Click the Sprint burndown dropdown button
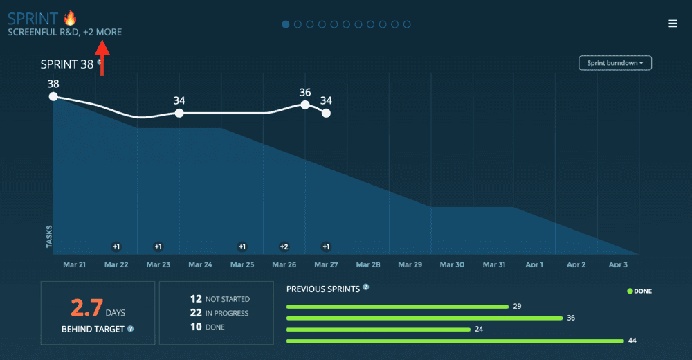tap(615, 63)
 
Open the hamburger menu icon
tap(673, 24)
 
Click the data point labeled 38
tap(53, 97)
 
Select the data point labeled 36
tap(305, 105)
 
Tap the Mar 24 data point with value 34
tap(179, 113)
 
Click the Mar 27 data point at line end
tap(326, 113)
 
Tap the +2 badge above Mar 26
tap(284, 246)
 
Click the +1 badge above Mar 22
tap(116, 246)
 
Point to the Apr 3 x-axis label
tap(618, 265)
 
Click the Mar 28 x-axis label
tap(367, 265)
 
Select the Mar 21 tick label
tap(74, 265)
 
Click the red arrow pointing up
tap(102, 57)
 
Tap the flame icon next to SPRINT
tap(69, 17)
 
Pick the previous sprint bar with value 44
tap(455, 341)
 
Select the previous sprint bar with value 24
tap(378, 330)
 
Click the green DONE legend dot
tap(630, 291)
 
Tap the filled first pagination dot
tap(286, 24)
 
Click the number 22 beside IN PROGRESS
tap(196, 313)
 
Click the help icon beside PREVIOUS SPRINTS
tap(365, 287)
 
